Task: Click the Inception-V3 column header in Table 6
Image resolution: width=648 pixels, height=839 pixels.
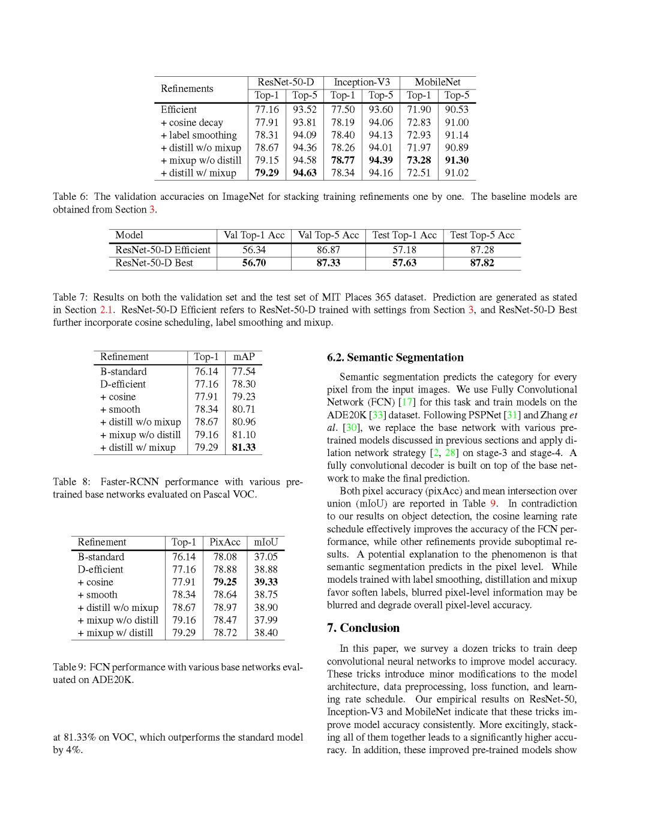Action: [x=362, y=82]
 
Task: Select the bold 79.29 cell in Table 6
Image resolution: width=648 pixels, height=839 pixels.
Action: [x=266, y=173]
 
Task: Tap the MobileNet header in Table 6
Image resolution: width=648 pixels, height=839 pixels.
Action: [x=437, y=82]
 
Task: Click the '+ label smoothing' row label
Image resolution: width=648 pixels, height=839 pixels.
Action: [x=199, y=135]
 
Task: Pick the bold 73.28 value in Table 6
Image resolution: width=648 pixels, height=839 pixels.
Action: [x=419, y=160]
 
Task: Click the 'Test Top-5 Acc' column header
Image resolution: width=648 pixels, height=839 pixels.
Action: [x=482, y=235]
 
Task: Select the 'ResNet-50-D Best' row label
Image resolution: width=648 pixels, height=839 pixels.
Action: [x=154, y=263]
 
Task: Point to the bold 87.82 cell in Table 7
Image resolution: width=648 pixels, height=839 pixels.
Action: [x=482, y=263]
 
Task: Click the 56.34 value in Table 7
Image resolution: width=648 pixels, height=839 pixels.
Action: [x=254, y=250]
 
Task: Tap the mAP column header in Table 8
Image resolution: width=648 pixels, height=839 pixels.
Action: [x=244, y=356]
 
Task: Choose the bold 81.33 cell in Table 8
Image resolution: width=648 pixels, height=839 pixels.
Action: [x=244, y=447]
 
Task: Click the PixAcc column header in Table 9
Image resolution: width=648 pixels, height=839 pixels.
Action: [x=225, y=542]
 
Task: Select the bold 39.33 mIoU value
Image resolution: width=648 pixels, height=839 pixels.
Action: [x=266, y=582]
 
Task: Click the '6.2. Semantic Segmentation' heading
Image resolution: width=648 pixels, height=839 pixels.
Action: [x=395, y=358]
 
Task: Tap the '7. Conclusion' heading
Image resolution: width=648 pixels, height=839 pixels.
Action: [x=364, y=628]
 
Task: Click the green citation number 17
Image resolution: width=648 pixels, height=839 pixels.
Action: [x=407, y=402]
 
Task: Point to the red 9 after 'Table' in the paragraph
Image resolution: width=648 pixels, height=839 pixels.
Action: [x=493, y=504]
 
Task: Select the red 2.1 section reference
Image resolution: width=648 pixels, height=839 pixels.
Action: [x=106, y=310]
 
